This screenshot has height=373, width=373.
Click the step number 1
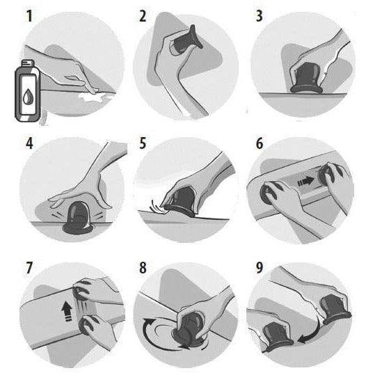coord(29,16)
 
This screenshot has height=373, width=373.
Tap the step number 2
coord(143,16)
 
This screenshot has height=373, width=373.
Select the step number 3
coord(259,16)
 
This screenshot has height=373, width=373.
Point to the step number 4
coord(29,143)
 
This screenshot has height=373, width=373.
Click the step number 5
coord(143,143)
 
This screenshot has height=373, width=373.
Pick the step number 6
coord(260,143)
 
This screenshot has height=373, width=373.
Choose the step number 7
coord(29,268)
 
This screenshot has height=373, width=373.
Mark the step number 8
coord(143,268)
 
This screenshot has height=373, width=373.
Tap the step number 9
coord(260,268)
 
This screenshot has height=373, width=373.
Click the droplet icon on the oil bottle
coord(28,96)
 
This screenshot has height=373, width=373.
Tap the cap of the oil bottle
coord(28,63)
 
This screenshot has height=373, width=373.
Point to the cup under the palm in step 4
coord(77,218)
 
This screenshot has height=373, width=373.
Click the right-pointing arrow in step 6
coord(305,182)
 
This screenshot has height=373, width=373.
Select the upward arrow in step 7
coord(67,312)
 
